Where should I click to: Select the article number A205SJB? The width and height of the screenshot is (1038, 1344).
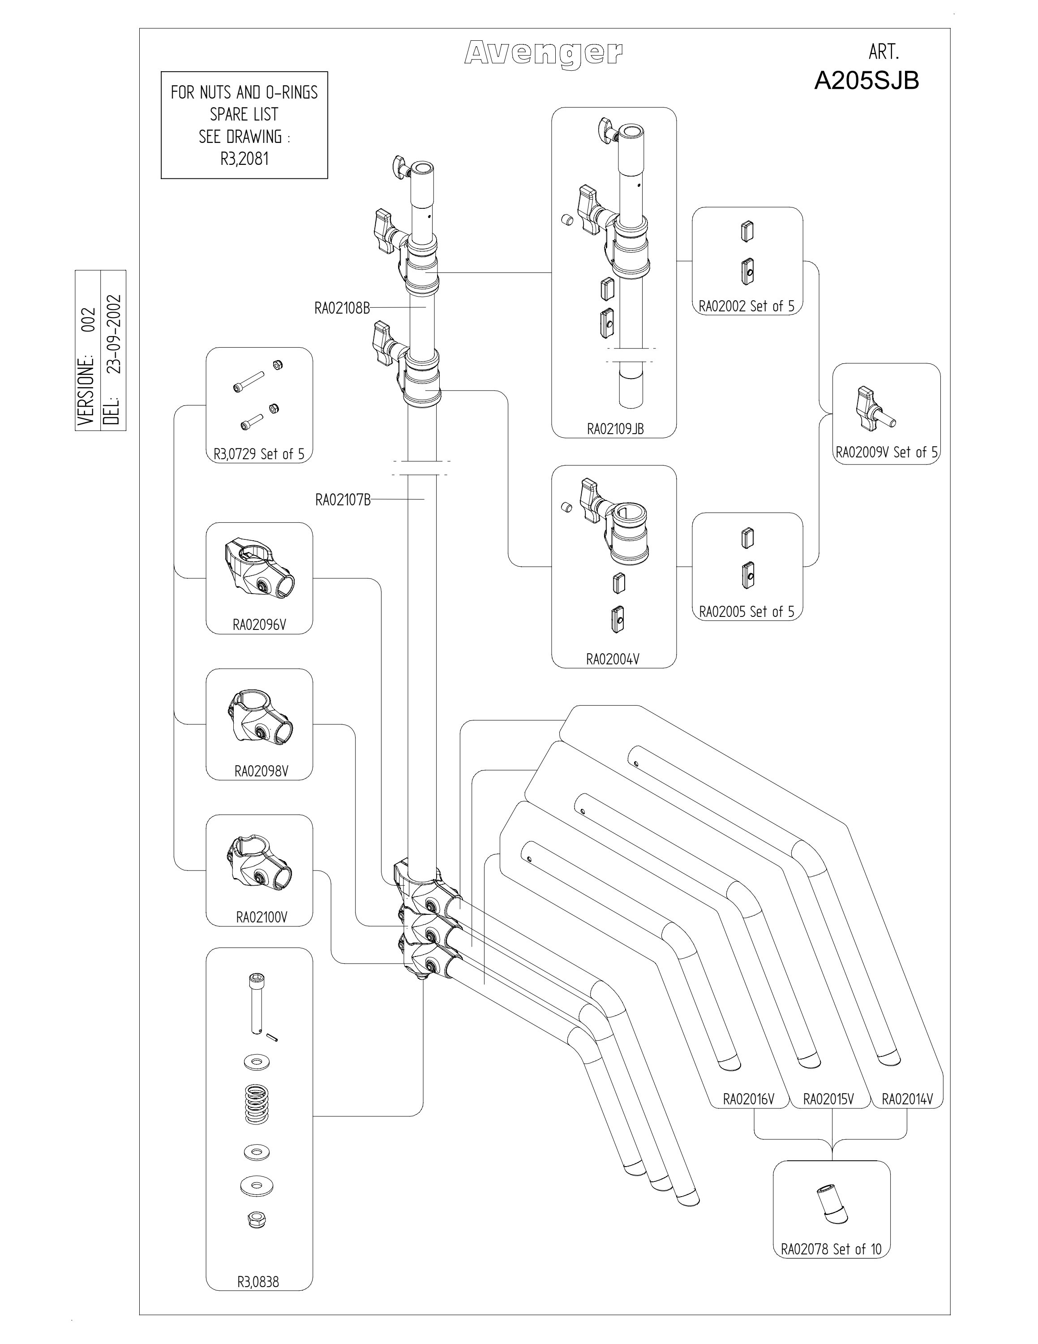(866, 81)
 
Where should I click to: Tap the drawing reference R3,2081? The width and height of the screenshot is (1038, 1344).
(244, 159)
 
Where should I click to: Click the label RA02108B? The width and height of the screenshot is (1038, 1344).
(342, 308)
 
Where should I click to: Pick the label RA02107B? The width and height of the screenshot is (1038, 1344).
(343, 500)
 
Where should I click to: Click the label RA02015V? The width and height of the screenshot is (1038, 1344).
(828, 1099)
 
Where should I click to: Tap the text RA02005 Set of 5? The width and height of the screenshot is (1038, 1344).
(746, 612)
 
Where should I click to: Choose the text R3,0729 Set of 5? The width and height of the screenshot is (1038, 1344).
(259, 454)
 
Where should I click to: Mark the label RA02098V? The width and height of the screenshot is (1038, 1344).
(262, 771)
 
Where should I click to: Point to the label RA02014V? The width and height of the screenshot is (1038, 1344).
(907, 1099)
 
